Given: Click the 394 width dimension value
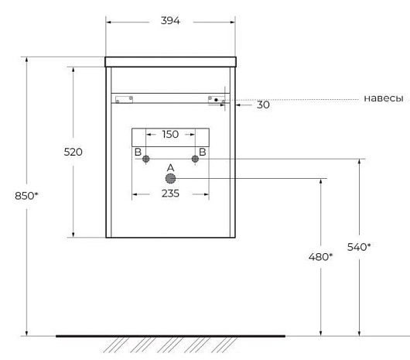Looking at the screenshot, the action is point(170,20).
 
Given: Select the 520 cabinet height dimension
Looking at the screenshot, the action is point(73,152).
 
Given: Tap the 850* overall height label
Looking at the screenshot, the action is point(26,196).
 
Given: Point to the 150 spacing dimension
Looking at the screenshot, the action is point(170,134).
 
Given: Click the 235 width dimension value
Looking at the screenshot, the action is point(170,194).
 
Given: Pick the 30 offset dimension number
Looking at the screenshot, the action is point(263,105).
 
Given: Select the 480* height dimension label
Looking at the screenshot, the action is point(320,257).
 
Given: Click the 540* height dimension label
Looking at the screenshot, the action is point(359,247).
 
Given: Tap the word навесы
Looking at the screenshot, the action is point(384,98).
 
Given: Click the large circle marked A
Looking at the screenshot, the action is point(170,178).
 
